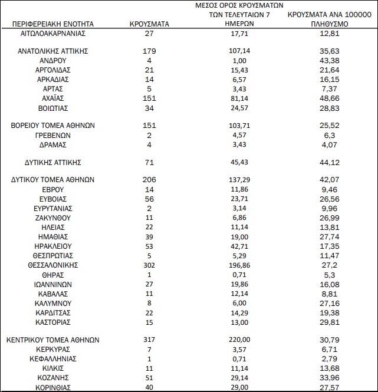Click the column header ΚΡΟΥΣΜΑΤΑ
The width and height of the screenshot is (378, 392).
[x=149, y=24]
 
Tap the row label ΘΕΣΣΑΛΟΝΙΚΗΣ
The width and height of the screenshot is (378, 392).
[x=53, y=265]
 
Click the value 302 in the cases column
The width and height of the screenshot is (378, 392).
[x=149, y=265]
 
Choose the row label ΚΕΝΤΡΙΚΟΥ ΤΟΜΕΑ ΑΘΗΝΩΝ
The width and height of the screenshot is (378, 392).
[x=53, y=340]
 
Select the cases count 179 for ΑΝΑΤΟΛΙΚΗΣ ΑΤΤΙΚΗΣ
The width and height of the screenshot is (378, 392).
[x=149, y=51]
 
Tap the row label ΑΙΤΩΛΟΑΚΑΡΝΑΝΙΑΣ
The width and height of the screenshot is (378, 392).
[x=53, y=34]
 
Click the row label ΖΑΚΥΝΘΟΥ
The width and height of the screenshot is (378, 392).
[x=53, y=218]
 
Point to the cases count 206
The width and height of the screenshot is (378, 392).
[x=149, y=179]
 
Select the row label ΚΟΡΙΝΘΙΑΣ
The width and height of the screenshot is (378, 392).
[x=53, y=387]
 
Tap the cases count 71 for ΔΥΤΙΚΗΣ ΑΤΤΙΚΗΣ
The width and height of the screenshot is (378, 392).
[x=149, y=161]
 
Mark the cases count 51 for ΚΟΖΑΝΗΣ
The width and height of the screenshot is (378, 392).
[x=149, y=378]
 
